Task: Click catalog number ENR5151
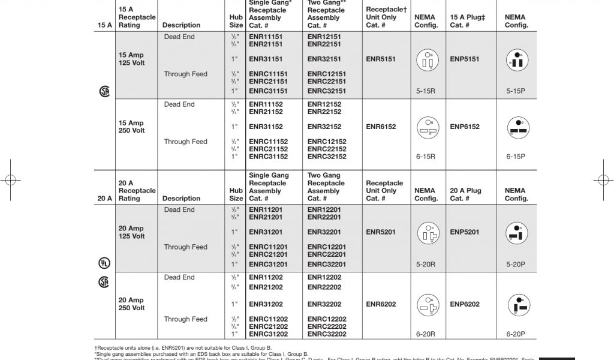pyautogui.click(x=381, y=59)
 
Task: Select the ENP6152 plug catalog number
pyautogui.click(x=465, y=127)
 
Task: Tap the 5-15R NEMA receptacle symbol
pyautogui.click(x=426, y=60)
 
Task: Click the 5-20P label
pyautogui.click(x=516, y=264)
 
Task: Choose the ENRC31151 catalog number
pyautogui.click(x=268, y=91)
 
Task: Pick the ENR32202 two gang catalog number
pyautogui.click(x=324, y=304)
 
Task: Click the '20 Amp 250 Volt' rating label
pyautogui.click(x=131, y=304)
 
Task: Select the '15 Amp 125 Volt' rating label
pyautogui.click(x=131, y=59)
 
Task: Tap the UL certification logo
pyautogui.click(x=104, y=263)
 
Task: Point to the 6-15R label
pyautogui.click(x=426, y=156)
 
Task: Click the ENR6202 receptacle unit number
pyautogui.click(x=381, y=304)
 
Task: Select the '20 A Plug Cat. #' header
pyautogui.click(x=466, y=194)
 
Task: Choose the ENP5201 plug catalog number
pyautogui.click(x=465, y=232)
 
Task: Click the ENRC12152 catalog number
pyautogui.click(x=327, y=142)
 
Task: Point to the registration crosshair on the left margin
pyautogui.click(x=10, y=179)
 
